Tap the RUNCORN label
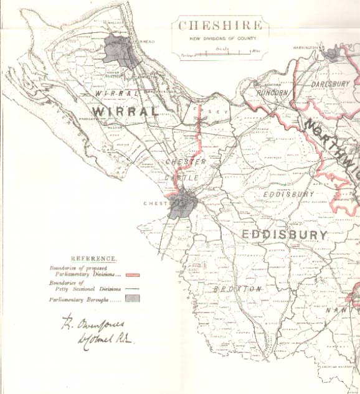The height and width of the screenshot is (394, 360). coord(272,93)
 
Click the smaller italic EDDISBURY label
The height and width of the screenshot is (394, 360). coord(288,194)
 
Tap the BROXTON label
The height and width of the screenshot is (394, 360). coord(236,289)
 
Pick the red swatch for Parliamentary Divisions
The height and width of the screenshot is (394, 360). coord(132,274)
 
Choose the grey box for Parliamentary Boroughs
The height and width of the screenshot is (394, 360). coord(132,299)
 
